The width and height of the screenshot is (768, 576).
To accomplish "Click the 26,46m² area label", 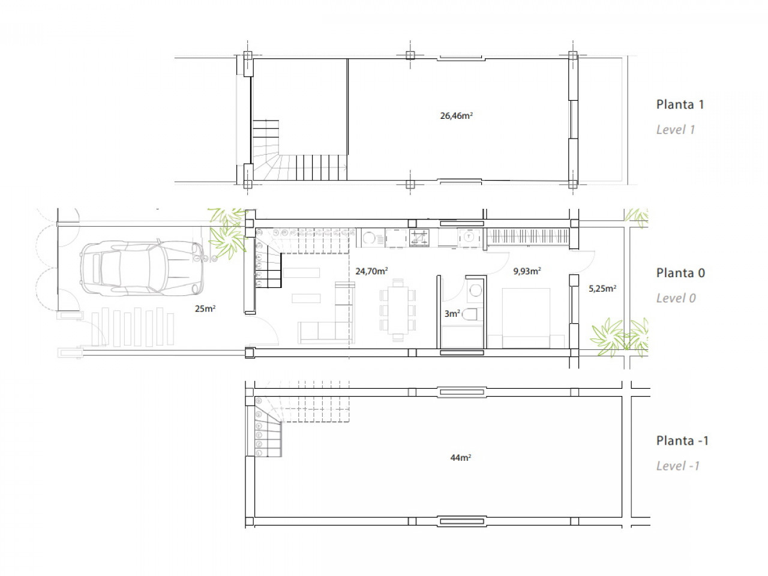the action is pyautogui.click(x=456, y=115).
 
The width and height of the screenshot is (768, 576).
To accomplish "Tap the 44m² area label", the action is pyautogui.click(x=460, y=457).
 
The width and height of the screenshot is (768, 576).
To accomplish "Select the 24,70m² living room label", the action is pyautogui.click(x=371, y=271).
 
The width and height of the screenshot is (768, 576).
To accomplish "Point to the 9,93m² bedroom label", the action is pyautogui.click(x=527, y=271).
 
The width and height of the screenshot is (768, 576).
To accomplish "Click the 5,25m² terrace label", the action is pyautogui.click(x=602, y=289).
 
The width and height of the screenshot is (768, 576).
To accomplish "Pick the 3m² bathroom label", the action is pyautogui.click(x=452, y=314).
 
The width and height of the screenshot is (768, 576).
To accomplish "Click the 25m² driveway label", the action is pyautogui.click(x=205, y=308).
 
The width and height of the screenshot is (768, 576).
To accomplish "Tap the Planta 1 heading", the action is pyautogui.click(x=680, y=104).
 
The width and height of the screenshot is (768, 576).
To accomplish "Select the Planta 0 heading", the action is pyautogui.click(x=680, y=273).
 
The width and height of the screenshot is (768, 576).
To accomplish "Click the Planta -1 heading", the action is pyautogui.click(x=682, y=440).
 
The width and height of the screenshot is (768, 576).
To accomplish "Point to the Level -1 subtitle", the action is pyautogui.click(x=678, y=466).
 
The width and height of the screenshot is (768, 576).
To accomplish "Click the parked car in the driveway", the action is pyautogui.click(x=142, y=268).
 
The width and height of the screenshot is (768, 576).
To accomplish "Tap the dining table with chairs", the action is pyautogui.click(x=398, y=310).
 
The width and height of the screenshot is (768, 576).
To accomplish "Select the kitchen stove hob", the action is pyautogui.click(x=419, y=238).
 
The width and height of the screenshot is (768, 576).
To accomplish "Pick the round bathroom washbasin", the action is pyautogui.click(x=475, y=290).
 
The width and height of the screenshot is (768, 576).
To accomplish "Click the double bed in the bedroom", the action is pyautogui.click(x=526, y=318).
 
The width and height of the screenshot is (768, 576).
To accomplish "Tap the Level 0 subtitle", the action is pyautogui.click(x=676, y=298).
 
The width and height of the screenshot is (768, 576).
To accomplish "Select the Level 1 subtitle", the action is pyautogui.click(x=676, y=130).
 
